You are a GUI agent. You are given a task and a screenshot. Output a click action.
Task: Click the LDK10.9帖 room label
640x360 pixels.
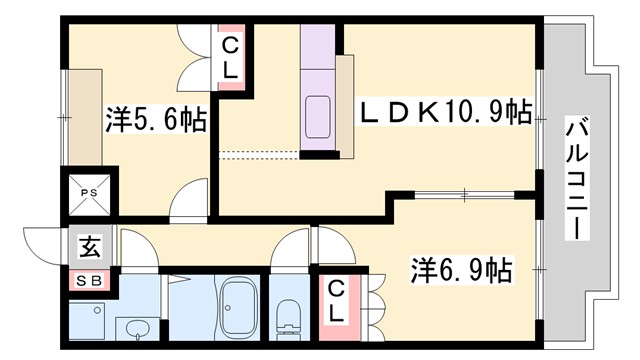click(x=446, y=111)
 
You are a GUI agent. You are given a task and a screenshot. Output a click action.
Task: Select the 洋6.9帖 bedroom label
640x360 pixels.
click(x=462, y=269)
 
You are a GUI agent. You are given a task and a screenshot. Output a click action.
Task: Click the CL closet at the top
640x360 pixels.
click(x=230, y=58)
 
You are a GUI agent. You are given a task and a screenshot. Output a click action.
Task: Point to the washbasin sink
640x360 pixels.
click(x=136, y=327)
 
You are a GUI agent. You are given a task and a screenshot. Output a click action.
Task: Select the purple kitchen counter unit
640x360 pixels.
click(x=321, y=90)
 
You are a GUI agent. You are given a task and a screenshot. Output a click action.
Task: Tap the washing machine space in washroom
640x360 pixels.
click(x=90, y=321)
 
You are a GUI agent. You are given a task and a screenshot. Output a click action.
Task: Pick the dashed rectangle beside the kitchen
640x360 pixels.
click(x=258, y=153)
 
